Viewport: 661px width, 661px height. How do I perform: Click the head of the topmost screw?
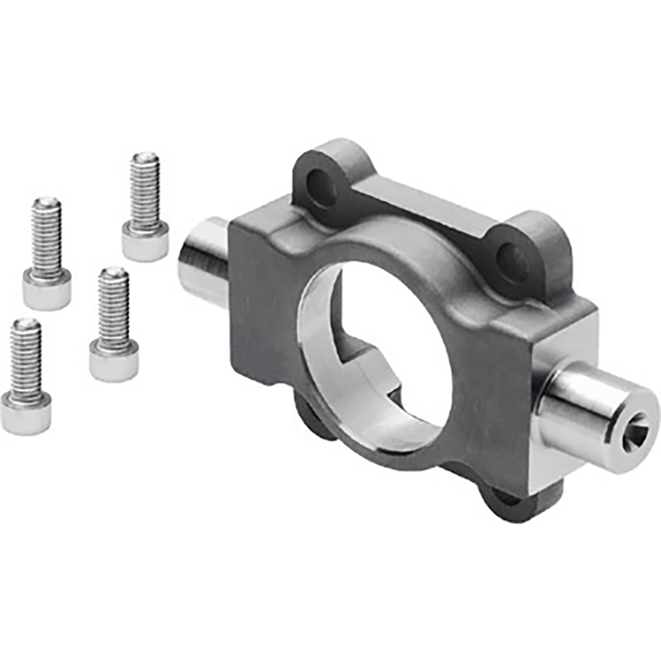(145, 242)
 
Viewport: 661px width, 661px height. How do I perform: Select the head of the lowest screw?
(25, 413)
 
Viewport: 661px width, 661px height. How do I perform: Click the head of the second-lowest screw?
(114, 360)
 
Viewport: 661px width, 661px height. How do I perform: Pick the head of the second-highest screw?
(47, 289)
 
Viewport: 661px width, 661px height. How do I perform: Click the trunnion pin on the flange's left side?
(204, 263)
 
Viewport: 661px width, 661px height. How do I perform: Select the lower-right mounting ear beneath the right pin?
(515, 501)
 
